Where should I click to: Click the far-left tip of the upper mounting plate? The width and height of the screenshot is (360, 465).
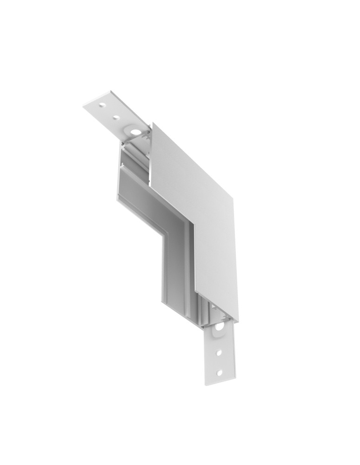[84, 106]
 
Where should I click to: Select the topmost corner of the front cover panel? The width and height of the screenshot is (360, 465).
[153, 124]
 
